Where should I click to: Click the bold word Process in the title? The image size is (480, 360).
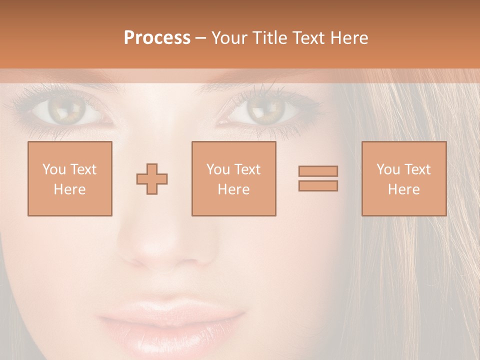coord(157,38)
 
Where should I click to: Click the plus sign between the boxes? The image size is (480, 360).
coord(152,179)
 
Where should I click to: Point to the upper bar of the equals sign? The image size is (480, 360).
coord(318,171)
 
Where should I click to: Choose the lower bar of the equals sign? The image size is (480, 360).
coord(318,186)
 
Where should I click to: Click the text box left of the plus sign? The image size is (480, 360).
coord(70,179)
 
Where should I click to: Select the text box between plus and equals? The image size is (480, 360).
coord(233,179)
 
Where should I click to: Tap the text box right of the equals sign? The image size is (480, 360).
coord(404,179)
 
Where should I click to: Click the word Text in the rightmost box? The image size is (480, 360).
coord(417,169)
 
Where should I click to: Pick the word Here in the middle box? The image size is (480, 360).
coord(233,189)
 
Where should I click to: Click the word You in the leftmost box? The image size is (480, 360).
coord(53,169)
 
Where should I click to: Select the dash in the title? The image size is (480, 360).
coord(200,38)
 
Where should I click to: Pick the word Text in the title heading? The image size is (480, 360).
coord(308,38)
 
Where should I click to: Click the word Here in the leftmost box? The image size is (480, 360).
coord(70,189)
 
